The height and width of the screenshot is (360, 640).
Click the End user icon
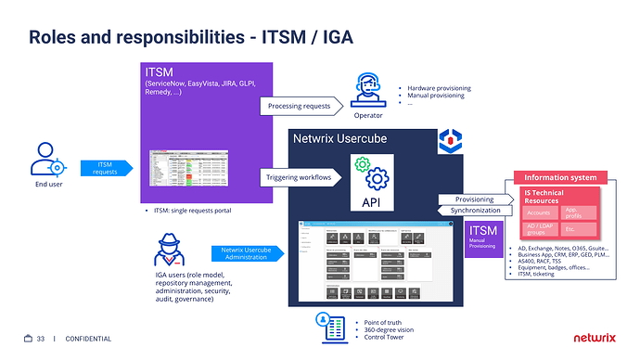click(48, 161)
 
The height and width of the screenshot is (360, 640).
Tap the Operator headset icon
click(367, 91)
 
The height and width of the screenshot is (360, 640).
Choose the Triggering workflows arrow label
click(299, 176)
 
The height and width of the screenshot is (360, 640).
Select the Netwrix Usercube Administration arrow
click(245, 253)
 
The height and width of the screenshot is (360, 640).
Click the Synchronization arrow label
click(472, 211)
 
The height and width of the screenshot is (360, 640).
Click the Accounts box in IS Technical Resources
click(538, 212)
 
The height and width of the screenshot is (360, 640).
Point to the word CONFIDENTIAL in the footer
click(89, 340)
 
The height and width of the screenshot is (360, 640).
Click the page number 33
click(40, 340)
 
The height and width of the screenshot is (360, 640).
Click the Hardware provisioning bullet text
click(439, 89)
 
